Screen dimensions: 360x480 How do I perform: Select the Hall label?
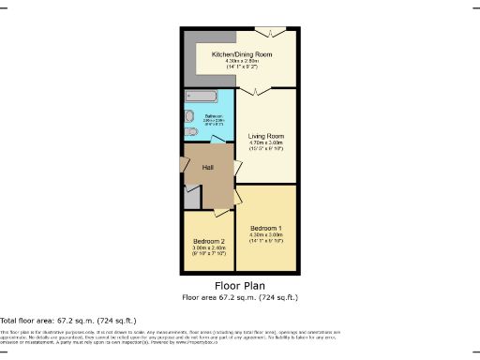(x=208, y=167)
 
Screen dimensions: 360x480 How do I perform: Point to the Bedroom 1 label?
(x=267, y=228)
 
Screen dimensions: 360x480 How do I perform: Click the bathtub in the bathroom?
(x=201, y=97)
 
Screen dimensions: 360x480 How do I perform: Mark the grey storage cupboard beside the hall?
(x=191, y=197)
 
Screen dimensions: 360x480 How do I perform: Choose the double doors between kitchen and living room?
(x=255, y=91)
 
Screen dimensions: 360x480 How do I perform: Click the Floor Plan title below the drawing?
(x=240, y=285)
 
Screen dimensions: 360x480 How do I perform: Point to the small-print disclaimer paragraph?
(x=169, y=337)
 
